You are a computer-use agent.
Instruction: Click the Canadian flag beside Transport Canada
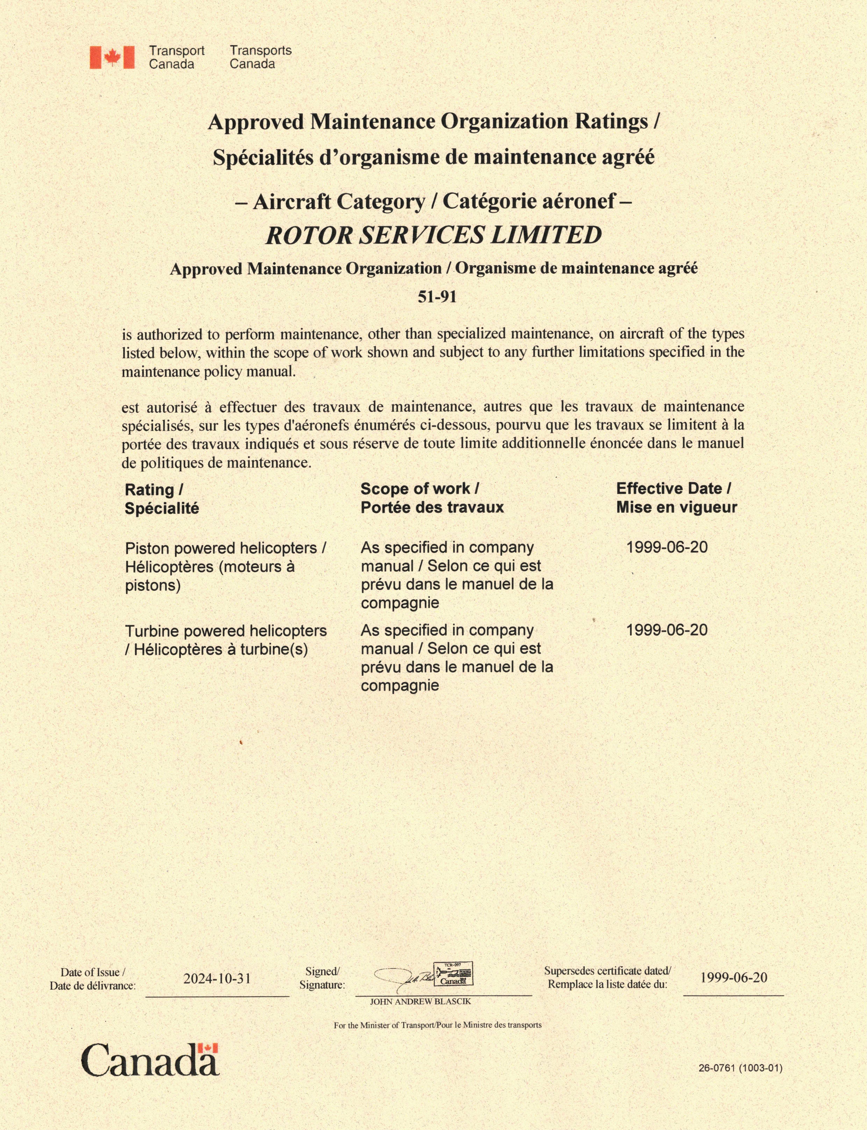coord(112,57)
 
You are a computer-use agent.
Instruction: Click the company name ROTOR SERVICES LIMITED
coord(433,235)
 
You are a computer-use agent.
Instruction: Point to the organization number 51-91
coord(437,297)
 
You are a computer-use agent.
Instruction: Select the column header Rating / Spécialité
coord(162,499)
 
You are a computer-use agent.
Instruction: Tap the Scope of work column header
coord(432,498)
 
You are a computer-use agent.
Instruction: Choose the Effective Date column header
coord(676,498)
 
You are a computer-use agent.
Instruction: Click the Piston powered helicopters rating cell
coord(225,566)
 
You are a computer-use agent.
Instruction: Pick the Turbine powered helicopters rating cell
coord(225,640)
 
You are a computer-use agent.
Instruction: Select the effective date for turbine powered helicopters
coord(667,630)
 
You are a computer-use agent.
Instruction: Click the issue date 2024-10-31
coord(217,979)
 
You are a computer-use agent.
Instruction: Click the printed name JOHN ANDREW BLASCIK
coord(420,1001)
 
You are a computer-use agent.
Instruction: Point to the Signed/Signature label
coord(322,978)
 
